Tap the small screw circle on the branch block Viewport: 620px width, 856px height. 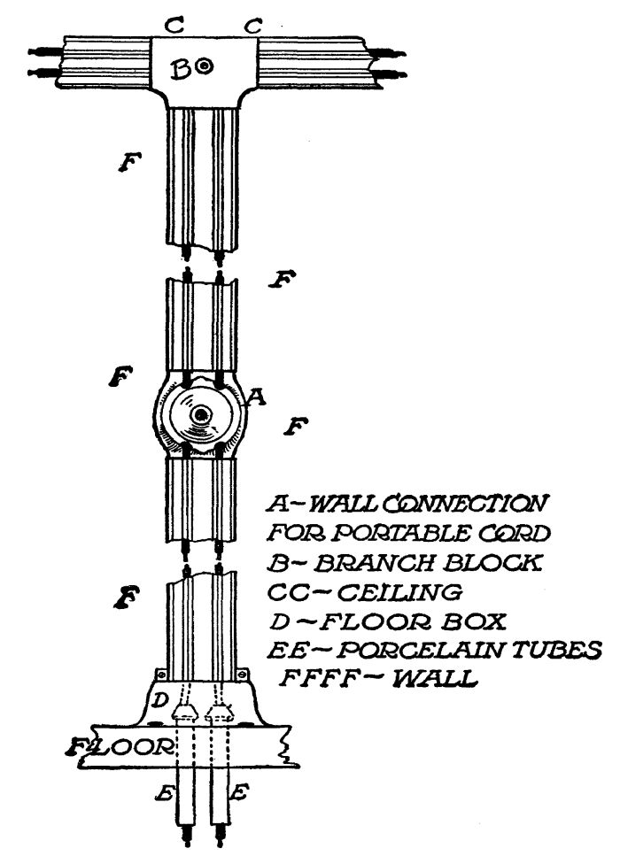[204, 66]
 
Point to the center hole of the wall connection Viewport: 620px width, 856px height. [203, 414]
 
